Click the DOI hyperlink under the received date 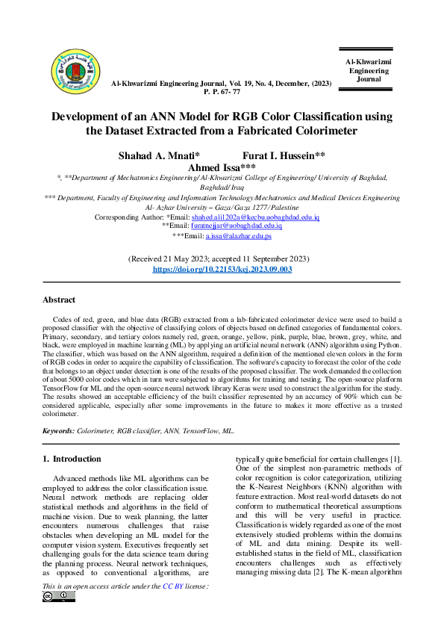coord(222,268)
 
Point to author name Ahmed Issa coord(222,168)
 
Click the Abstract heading coord(58,300)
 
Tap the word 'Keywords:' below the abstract coord(58,431)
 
